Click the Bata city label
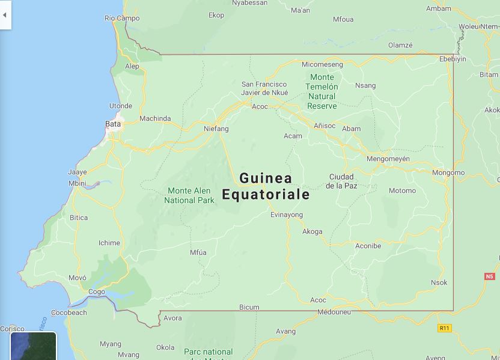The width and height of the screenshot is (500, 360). click(x=113, y=124)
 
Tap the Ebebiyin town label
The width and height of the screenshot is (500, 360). click(x=453, y=59)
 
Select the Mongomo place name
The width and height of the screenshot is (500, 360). click(x=448, y=172)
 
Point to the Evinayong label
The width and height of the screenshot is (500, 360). click(x=287, y=215)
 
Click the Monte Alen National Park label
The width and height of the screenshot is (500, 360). click(x=189, y=195)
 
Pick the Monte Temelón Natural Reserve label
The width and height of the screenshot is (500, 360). click(x=322, y=91)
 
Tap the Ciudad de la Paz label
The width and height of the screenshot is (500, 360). click(x=341, y=181)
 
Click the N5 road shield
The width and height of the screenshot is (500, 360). click(x=489, y=276)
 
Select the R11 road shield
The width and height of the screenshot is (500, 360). click(x=444, y=328)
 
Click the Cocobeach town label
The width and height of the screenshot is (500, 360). click(x=69, y=313)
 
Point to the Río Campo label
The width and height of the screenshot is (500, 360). click(x=122, y=18)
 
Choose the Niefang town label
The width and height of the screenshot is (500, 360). click(x=216, y=129)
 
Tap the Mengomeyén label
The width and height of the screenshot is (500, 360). click(x=388, y=159)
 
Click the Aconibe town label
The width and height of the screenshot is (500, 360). click(x=368, y=245)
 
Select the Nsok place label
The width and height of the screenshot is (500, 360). click(x=439, y=282)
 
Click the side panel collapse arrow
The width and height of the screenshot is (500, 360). click(x=5, y=15)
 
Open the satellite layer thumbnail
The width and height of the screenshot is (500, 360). click(x=33, y=347)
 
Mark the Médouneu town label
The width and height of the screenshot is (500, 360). click(x=334, y=312)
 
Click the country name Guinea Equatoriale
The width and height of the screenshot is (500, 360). click(x=266, y=186)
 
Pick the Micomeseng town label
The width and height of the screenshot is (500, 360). click(x=322, y=64)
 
